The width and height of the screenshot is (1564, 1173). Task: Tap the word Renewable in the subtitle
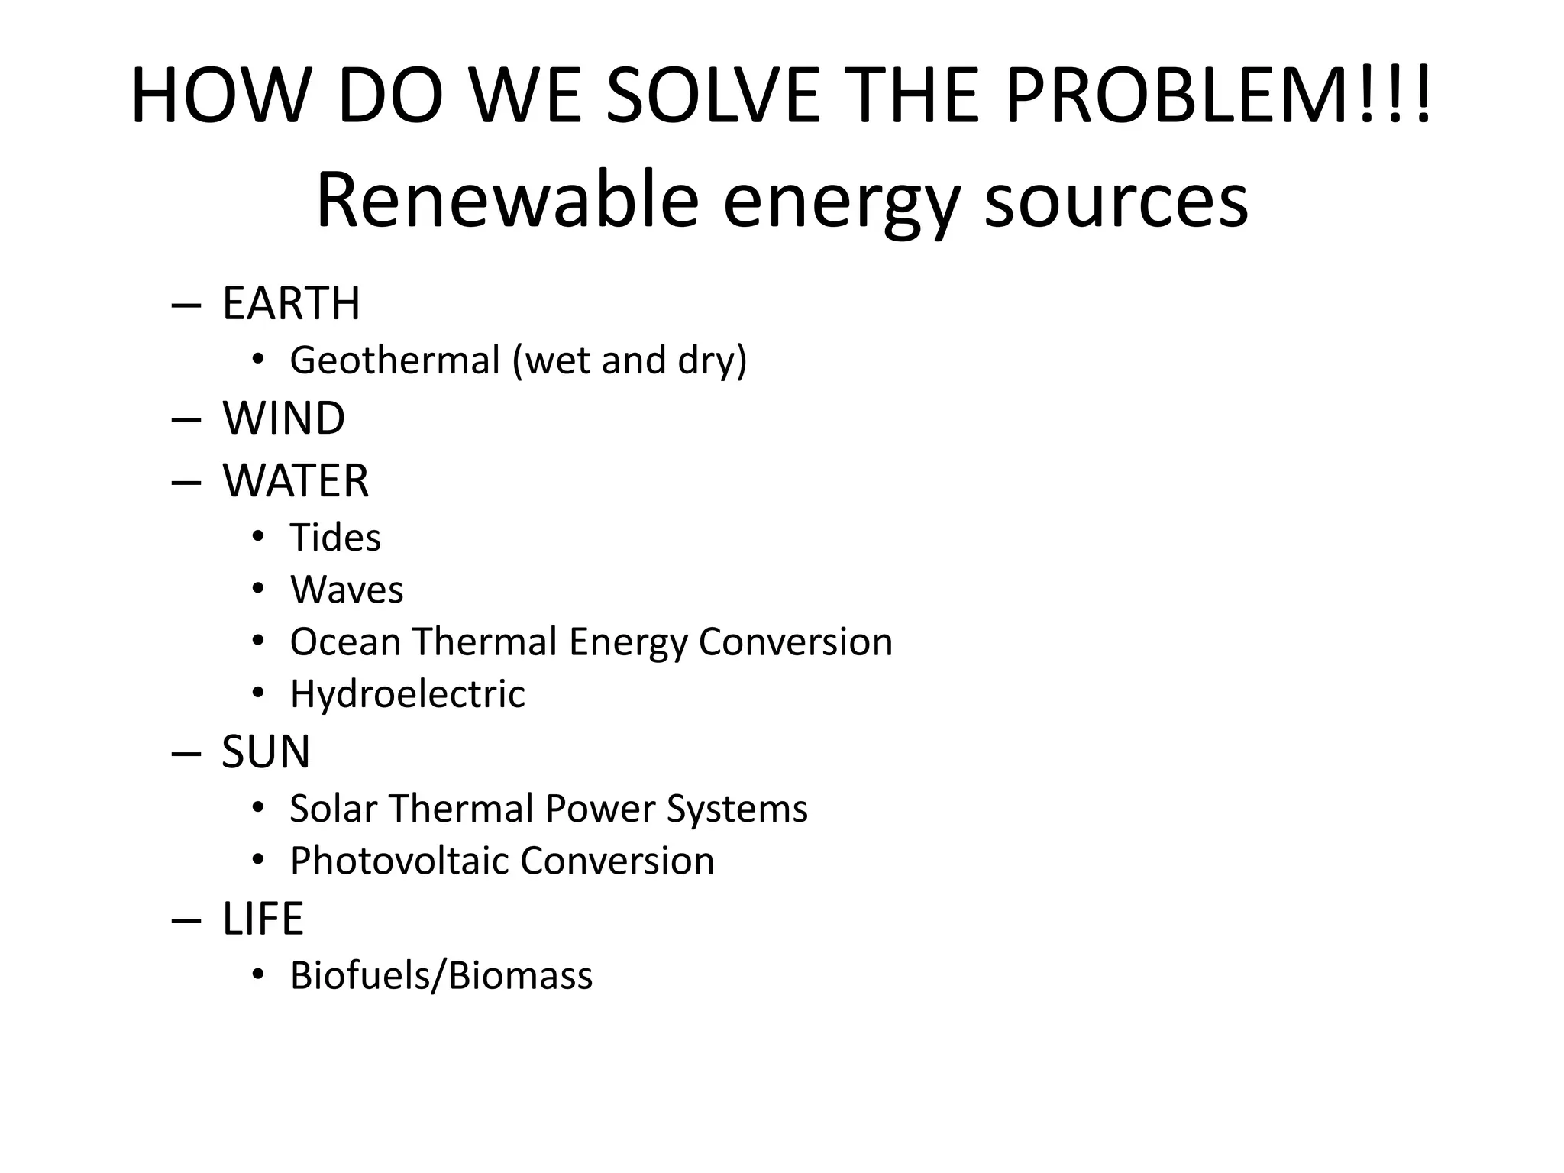pyautogui.click(x=507, y=201)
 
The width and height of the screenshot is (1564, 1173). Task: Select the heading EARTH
pyautogui.click(x=291, y=303)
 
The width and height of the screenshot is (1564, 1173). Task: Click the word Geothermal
pyautogui.click(x=395, y=360)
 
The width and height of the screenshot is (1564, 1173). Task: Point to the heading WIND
pyautogui.click(x=283, y=418)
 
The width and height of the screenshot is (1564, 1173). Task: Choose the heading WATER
pyautogui.click(x=296, y=481)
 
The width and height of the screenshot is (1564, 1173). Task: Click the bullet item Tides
pyautogui.click(x=335, y=538)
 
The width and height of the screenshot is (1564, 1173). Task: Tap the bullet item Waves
pyautogui.click(x=347, y=590)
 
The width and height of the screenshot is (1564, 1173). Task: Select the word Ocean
pyautogui.click(x=345, y=641)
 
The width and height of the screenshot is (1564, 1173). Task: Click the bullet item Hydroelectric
pyautogui.click(x=407, y=694)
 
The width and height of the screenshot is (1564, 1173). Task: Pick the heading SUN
pyautogui.click(x=266, y=752)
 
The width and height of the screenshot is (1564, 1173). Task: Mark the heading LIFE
pyautogui.click(x=263, y=919)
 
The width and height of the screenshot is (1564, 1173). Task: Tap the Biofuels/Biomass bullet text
pyautogui.click(x=441, y=976)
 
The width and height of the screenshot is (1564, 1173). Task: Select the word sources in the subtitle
pyautogui.click(x=1116, y=201)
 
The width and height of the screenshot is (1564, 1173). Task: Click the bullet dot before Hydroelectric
pyautogui.click(x=258, y=693)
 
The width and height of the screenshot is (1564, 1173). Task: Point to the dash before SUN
pyautogui.click(x=186, y=754)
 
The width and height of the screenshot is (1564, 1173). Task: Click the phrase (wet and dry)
pyautogui.click(x=630, y=360)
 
